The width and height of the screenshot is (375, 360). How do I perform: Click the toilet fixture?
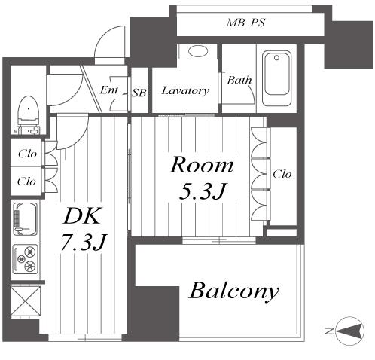pyautogui.click(x=28, y=115)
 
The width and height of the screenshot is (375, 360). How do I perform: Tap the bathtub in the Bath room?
pyautogui.click(x=276, y=78)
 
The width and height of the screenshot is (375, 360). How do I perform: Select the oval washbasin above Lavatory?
pyautogui.click(x=198, y=52)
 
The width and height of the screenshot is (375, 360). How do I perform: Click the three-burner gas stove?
pyautogui.click(x=25, y=259)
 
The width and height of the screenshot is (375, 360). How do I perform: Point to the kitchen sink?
pyautogui.click(x=25, y=219)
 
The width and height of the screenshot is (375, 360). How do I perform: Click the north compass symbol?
pyautogui.click(x=349, y=331)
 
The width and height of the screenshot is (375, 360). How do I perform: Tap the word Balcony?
pyautogui.click(x=234, y=291)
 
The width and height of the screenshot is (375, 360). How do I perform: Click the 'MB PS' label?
pyautogui.click(x=245, y=23)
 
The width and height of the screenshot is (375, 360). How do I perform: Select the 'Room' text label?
pyautogui.click(x=202, y=165)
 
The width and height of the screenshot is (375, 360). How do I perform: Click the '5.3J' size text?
pyautogui.click(x=202, y=191)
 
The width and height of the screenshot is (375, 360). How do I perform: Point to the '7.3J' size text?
pyautogui.click(x=84, y=242)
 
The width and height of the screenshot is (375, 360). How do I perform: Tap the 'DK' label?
pyautogui.click(x=82, y=216)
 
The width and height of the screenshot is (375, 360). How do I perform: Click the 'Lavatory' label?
pyautogui.click(x=185, y=90)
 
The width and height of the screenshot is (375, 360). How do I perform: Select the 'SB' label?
pyautogui.click(x=139, y=93)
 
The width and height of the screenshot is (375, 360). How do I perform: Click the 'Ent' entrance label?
pyautogui.click(x=109, y=90)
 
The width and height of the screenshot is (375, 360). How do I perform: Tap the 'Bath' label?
pyautogui.click(x=239, y=80)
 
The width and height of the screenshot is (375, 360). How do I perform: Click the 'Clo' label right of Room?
pyautogui.click(x=282, y=174)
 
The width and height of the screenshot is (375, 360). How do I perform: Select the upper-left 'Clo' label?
pyautogui.click(x=27, y=154)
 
